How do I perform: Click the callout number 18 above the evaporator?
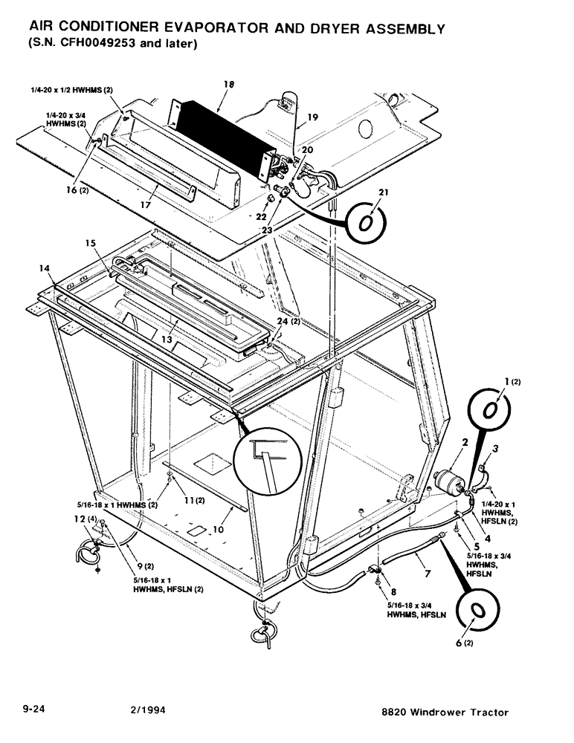coord(228,85)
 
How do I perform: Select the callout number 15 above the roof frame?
coord(91,243)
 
